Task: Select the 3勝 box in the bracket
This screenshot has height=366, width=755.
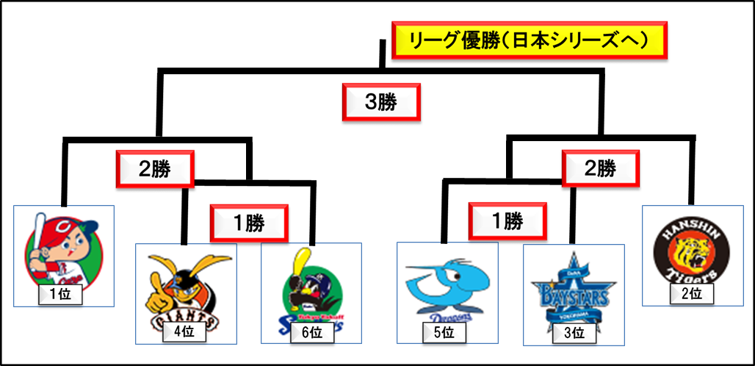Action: (381, 104)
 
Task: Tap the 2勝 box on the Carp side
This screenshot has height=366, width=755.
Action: (154, 170)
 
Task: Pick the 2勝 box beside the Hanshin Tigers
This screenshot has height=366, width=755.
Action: (600, 170)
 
